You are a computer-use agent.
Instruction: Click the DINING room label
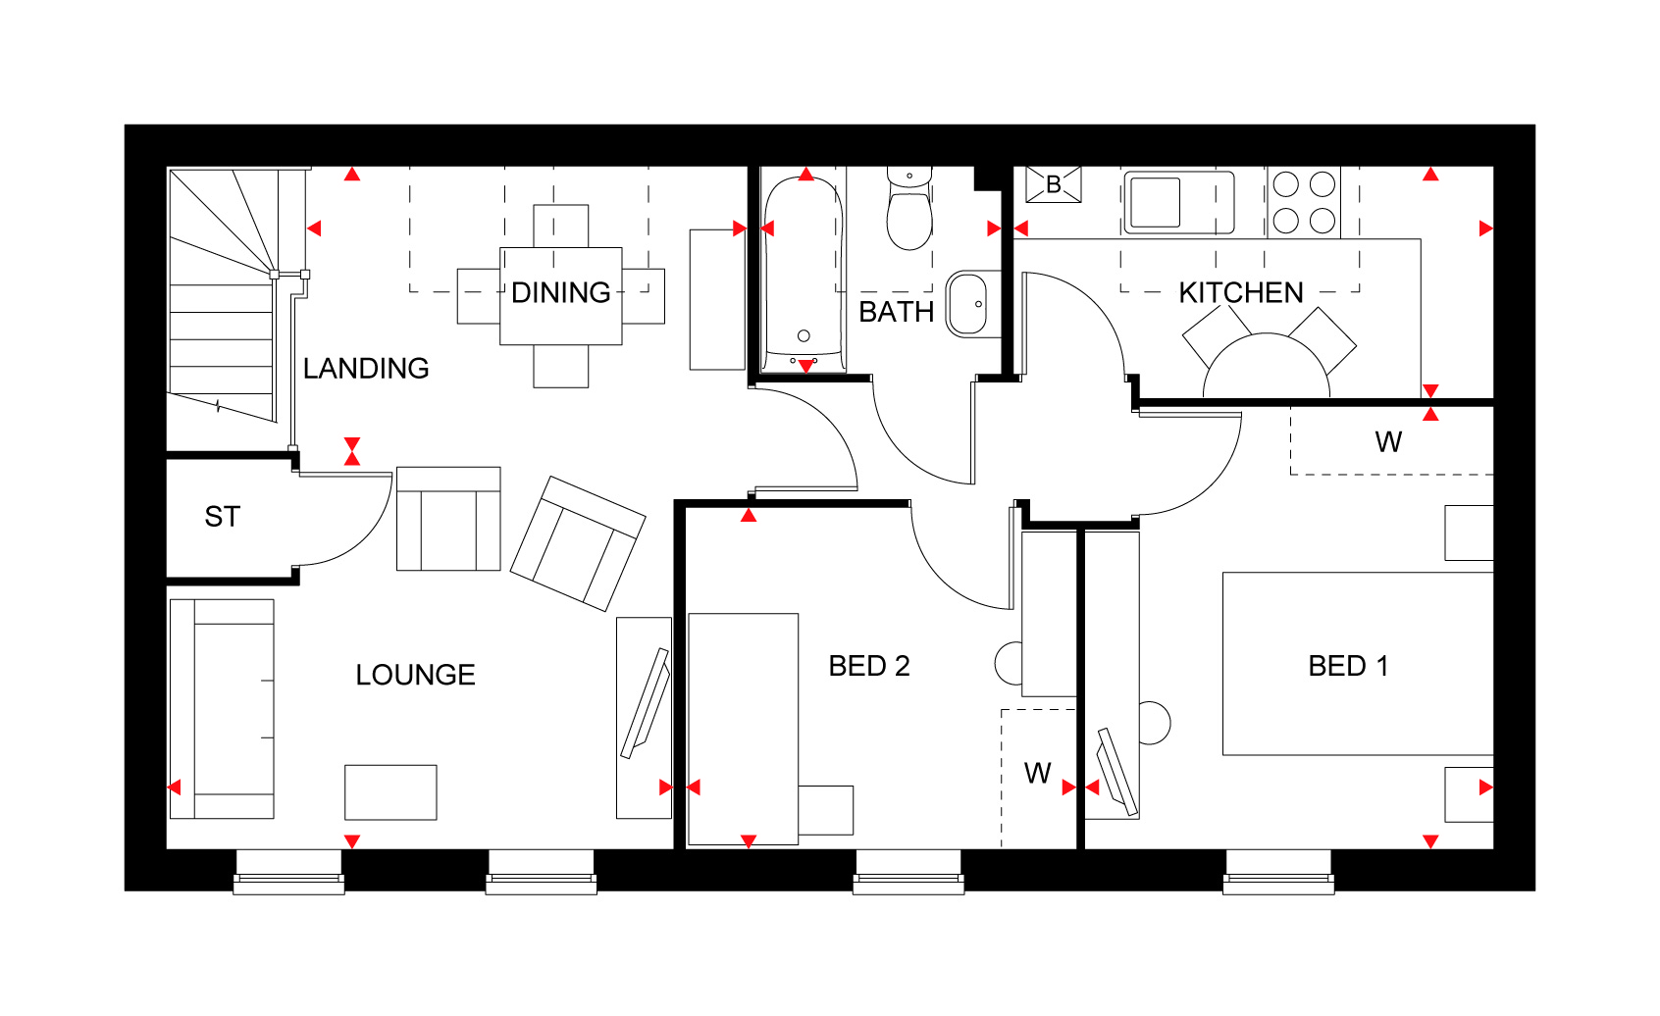(x=560, y=292)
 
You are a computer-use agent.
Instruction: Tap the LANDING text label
(x=366, y=368)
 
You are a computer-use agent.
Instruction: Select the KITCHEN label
(x=1240, y=292)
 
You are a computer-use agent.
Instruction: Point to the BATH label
(x=896, y=312)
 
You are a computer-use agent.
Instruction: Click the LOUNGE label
(x=415, y=675)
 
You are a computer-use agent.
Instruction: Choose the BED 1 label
(x=1348, y=666)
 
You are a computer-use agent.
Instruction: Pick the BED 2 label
(x=868, y=666)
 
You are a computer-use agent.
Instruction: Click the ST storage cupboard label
(x=223, y=516)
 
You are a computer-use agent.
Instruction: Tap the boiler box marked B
(x=1053, y=184)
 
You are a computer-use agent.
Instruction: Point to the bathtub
(x=804, y=273)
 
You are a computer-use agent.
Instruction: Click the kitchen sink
(x=1178, y=202)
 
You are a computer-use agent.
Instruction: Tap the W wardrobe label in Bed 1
(x=1388, y=442)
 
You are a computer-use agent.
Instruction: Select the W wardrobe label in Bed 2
(x=1038, y=773)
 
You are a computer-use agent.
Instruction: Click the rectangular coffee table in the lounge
(x=390, y=792)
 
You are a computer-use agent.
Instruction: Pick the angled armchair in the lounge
(x=578, y=543)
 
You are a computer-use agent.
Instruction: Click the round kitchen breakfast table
(x=1266, y=366)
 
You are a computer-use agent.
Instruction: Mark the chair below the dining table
(x=561, y=367)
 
